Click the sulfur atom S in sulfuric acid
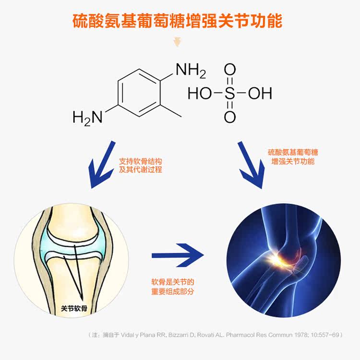(230, 93)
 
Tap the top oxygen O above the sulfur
(230, 70)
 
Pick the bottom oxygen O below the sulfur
(230, 116)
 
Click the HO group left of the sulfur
(200, 93)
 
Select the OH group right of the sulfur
(260, 93)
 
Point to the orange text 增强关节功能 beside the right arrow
(293, 162)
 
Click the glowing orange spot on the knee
(277, 259)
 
